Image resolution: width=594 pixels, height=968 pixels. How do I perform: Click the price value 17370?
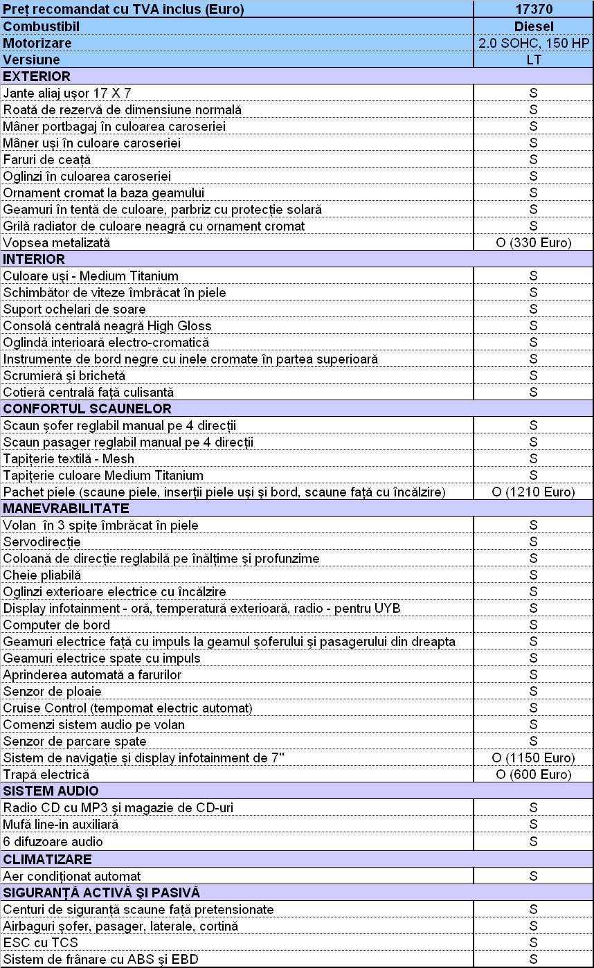pos(533,10)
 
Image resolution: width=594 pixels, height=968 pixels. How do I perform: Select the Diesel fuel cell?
pos(533,26)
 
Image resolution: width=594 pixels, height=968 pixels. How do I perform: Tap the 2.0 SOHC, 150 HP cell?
pos(533,43)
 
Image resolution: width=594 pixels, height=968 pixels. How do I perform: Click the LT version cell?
pos(533,60)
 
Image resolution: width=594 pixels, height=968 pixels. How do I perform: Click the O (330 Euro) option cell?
pos(533,242)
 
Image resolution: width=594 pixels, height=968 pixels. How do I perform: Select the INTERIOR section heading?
pos(35,259)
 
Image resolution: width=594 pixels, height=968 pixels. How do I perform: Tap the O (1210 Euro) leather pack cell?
pos(533,492)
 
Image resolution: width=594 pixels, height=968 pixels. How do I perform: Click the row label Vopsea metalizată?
pos(57,242)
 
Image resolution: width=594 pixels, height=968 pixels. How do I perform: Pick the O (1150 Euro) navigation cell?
pos(533,758)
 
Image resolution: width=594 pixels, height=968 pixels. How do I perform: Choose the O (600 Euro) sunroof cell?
pos(533,774)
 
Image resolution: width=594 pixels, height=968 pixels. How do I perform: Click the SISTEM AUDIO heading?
pos(51,791)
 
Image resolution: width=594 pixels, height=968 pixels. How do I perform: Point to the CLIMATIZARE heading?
pos(48,859)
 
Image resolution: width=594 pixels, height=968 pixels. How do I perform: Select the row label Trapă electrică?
pos(46,774)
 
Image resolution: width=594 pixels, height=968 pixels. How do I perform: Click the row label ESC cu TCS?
pos(41,942)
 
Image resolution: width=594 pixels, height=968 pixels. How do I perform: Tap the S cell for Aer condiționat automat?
pos(533,876)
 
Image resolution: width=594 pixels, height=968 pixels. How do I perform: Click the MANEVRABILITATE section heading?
pos(66,508)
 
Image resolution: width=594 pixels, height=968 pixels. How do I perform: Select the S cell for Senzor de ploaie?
pos(533,691)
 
